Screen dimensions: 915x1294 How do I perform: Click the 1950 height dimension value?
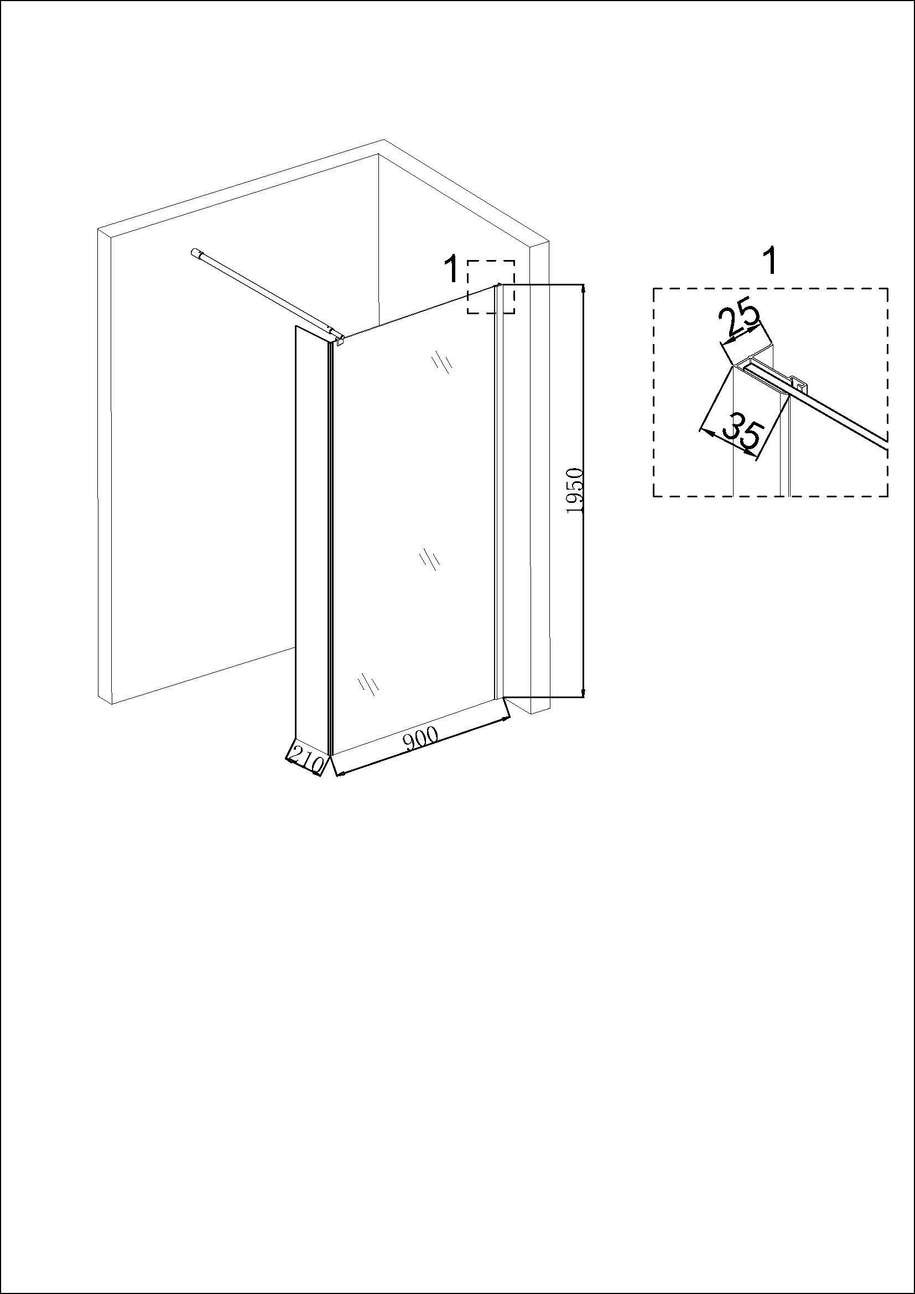click(575, 490)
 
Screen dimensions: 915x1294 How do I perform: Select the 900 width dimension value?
click(422, 739)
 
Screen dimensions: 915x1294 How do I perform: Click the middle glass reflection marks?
click(429, 559)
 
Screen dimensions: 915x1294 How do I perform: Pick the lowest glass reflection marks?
click(368, 683)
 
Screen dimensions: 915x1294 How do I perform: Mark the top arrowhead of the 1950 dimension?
click(583, 289)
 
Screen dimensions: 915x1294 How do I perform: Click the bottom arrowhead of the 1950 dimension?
click(583, 693)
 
